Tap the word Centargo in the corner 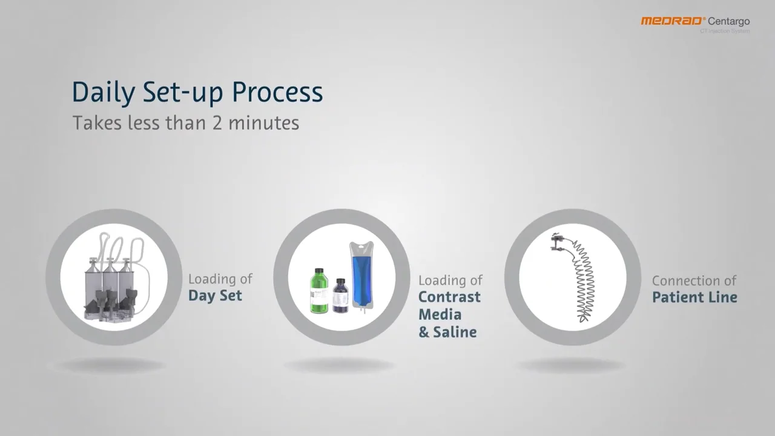tap(729, 22)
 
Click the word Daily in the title tap(103, 92)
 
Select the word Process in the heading tap(277, 92)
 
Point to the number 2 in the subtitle tap(217, 123)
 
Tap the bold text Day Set tap(215, 296)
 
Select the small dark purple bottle tap(340, 296)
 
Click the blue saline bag tap(361, 276)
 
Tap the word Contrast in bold tap(449, 297)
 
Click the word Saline tap(455, 332)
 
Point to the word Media tap(440, 314)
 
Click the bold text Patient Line tap(694, 297)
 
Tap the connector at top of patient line tap(559, 242)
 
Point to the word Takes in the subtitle tap(97, 123)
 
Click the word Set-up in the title tap(184, 92)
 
